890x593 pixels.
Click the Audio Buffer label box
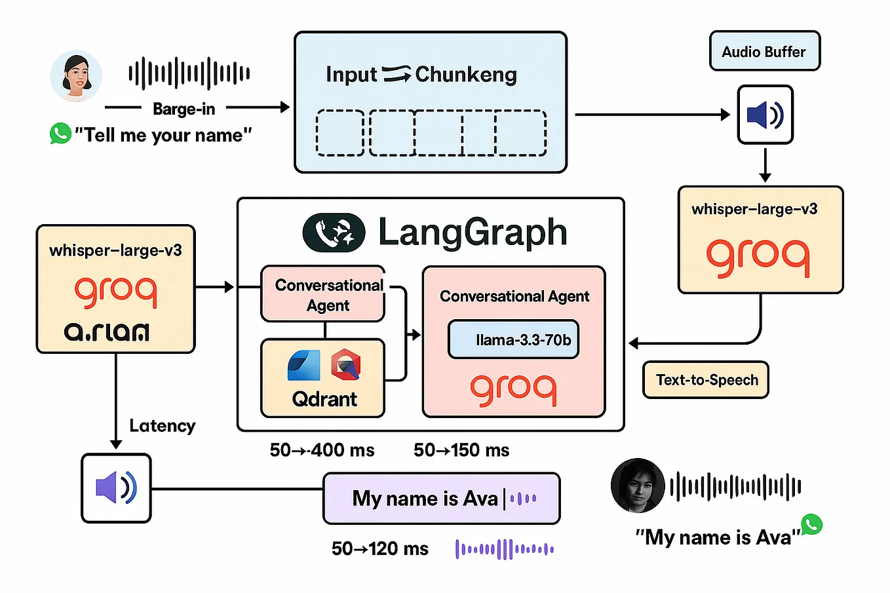tap(764, 51)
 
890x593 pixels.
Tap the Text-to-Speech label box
tap(706, 380)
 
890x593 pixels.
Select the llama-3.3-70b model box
tap(514, 339)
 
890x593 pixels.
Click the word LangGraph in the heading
tap(472, 233)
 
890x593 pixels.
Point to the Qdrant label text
tap(324, 399)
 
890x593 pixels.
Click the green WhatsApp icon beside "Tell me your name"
tap(60, 134)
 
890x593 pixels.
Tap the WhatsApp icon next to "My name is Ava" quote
tap(811, 524)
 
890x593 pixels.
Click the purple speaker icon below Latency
tap(116, 488)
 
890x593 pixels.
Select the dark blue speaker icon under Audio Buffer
tap(765, 115)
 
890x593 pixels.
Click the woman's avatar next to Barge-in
tap(77, 77)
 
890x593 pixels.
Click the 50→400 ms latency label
tap(322, 450)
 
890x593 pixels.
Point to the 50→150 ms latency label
tap(461, 450)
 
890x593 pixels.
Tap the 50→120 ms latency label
tap(380, 548)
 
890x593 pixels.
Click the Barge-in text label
tap(184, 109)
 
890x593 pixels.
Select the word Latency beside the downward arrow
tap(163, 426)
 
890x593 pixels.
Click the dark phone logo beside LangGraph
tap(334, 233)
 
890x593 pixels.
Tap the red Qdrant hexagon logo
tap(345, 366)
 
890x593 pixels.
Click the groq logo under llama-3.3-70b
tap(514, 389)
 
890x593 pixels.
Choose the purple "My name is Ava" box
tap(441, 499)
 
